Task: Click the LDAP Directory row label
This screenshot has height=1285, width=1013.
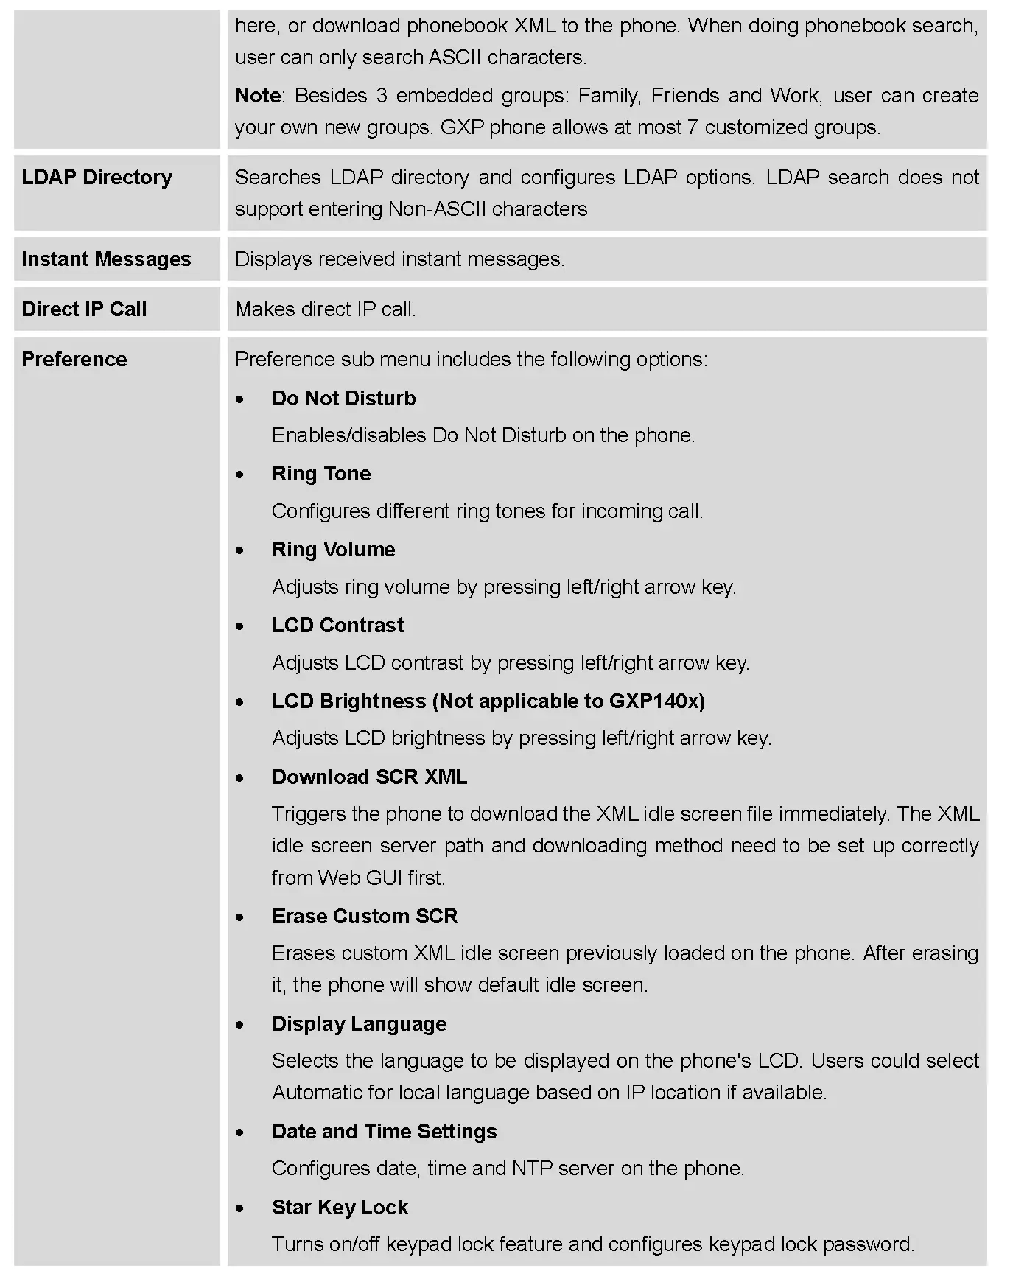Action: pyautogui.click(x=97, y=178)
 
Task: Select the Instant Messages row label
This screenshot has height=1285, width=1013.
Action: pyautogui.click(x=106, y=259)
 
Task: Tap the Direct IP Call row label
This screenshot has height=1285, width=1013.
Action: pyautogui.click(x=84, y=309)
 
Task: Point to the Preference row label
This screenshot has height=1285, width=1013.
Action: pyautogui.click(x=74, y=360)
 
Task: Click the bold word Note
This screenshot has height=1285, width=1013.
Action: pyautogui.click(x=258, y=96)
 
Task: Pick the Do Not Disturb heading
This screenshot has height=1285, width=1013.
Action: pyautogui.click(x=343, y=399)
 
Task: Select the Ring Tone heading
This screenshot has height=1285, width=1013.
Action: pyautogui.click(x=321, y=474)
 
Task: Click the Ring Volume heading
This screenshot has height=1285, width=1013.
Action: pyautogui.click(x=333, y=550)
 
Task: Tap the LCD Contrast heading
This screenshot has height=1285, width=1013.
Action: pyautogui.click(x=337, y=626)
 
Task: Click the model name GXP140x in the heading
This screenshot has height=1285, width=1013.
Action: pyautogui.click(x=653, y=701)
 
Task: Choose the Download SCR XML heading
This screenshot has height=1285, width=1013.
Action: pyautogui.click(x=369, y=777)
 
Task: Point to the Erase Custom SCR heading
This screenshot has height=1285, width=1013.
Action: pyautogui.click(x=365, y=917)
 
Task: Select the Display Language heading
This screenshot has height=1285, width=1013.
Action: pyautogui.click(x=359, y=1024)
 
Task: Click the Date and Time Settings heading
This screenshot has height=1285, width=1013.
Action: pyautogui.click(x=384, y=1132)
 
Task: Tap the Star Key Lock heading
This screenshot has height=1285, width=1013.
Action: pyautogui.click(x=340, y=1208)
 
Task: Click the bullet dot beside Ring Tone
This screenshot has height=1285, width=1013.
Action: pyautogui.click(x=240, y=475)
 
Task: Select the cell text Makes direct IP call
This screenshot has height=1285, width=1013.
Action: pyautogui.click(x=326, y=309)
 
